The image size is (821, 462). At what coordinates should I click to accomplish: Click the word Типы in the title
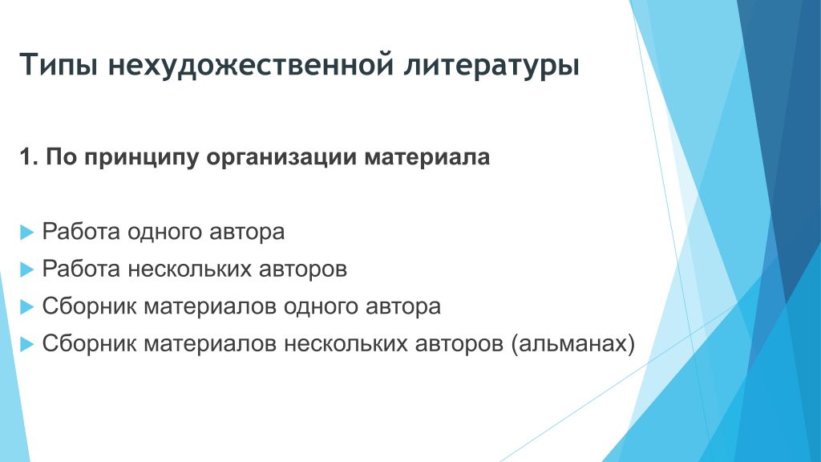59,65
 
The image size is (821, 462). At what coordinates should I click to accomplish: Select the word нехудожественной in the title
251,66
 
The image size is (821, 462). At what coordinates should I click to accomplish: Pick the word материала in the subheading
427,157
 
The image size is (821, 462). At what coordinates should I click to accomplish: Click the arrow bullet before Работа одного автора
26,232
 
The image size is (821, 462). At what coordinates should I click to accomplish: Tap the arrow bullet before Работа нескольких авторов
26,269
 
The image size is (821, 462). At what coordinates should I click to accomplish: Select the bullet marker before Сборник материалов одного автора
26,306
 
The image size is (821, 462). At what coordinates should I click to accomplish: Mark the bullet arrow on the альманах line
26,344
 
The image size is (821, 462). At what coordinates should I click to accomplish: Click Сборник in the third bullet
89,306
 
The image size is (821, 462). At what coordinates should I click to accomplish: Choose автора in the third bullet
403,307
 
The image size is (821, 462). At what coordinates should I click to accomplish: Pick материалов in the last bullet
210,344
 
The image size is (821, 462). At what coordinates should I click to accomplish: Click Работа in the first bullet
81,232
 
